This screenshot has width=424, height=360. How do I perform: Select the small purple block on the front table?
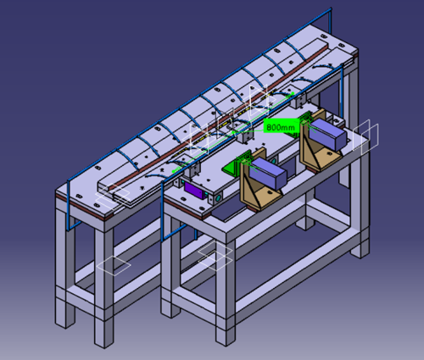tap(195, 190)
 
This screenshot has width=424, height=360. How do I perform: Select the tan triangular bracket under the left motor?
tap(255, 190)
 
